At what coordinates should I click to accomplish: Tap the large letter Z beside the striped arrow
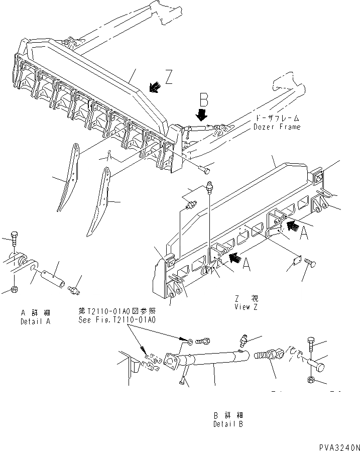(x=169, y=77)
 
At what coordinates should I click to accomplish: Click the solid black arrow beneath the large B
(x=202, y=115)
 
